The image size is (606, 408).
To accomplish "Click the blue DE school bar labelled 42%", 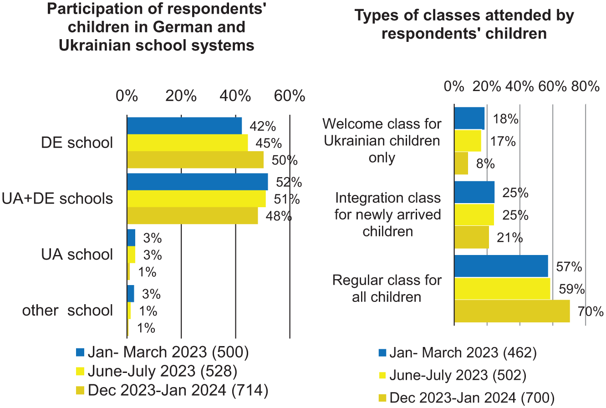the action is pos(184,126).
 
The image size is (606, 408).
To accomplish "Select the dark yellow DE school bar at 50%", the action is pos(195,160).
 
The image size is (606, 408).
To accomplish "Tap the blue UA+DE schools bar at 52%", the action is pos(198,182).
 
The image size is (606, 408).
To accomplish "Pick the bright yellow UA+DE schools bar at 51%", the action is pos(196,199).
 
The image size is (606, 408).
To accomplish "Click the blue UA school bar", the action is pos(131,238).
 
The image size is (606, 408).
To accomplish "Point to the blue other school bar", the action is pos(131,294).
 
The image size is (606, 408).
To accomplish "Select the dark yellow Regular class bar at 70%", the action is pos(512,311).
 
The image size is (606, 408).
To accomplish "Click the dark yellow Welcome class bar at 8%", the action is pos(461,163).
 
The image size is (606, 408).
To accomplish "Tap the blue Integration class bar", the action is pos(474,192).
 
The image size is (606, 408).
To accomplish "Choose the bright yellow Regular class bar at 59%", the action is pos(502,289).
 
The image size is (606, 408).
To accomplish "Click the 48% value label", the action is pos(279,216).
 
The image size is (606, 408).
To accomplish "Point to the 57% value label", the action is pos(569,267).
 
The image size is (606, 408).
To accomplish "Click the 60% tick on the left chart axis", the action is pos(290,96).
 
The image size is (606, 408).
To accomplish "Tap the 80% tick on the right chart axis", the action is pos(586,87).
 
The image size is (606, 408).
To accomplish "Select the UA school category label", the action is pos(77,255).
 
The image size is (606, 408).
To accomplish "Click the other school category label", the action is pos(67,311).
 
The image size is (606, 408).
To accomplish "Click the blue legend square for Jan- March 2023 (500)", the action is pos(80,352).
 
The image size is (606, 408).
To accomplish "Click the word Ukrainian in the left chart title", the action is pos(95,45).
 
